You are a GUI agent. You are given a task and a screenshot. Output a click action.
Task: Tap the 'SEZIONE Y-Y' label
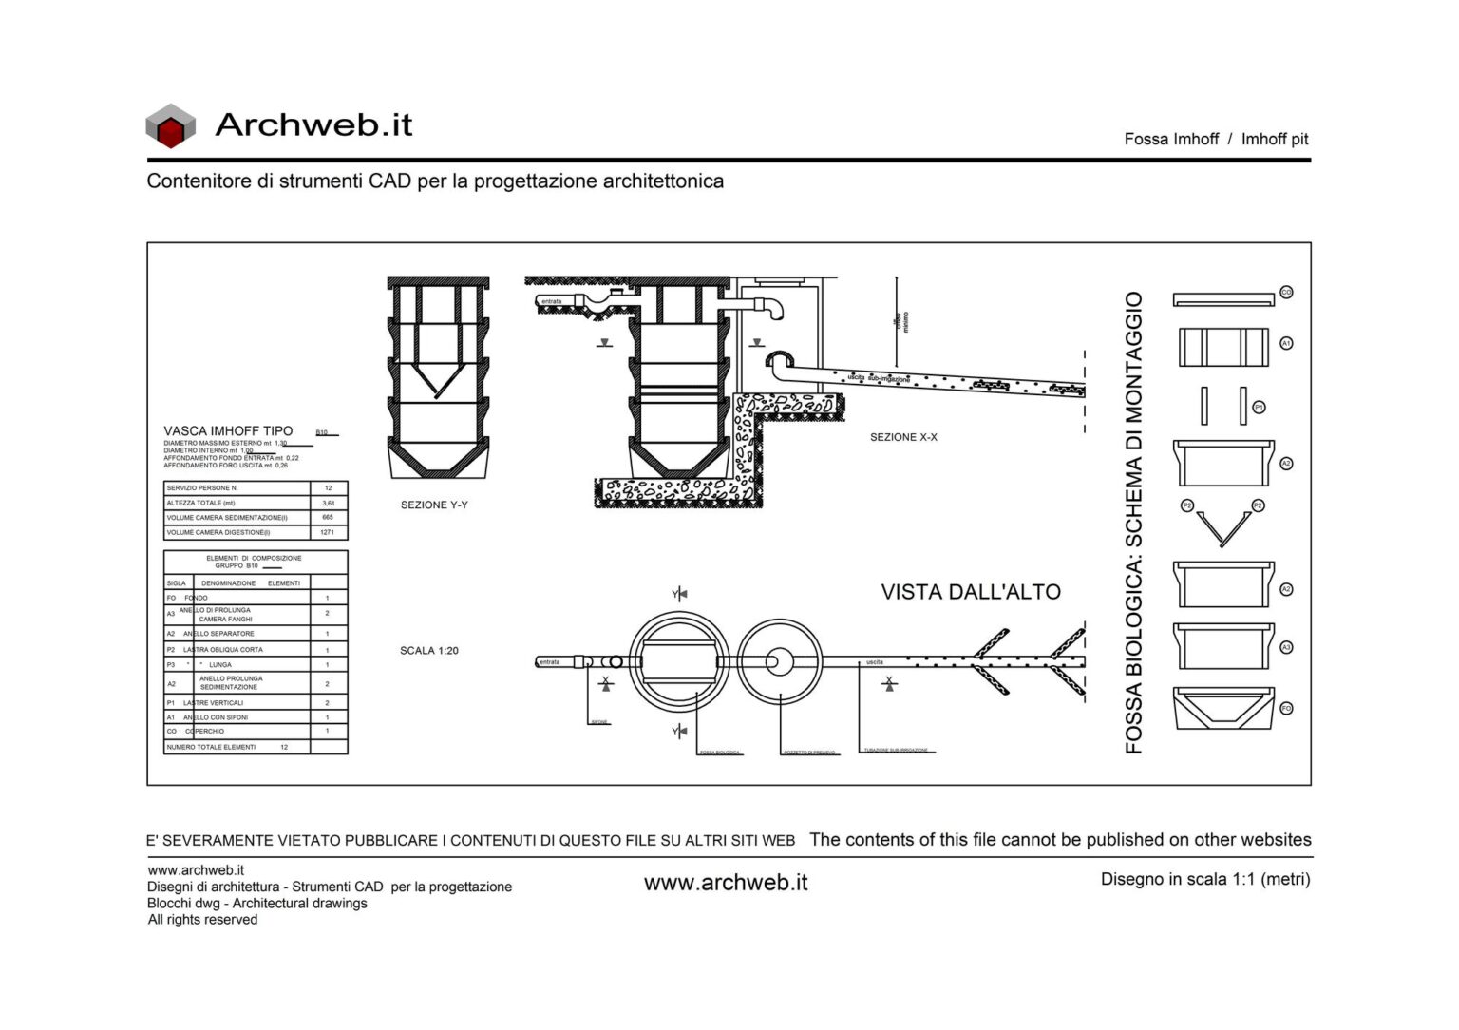click(x=434, y=505)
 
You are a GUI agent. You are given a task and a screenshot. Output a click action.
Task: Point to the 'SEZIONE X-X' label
click(x=903, y=437)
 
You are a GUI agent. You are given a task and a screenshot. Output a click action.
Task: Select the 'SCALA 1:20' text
click(x=429, y=651)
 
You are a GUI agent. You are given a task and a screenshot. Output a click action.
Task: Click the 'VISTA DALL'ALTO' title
click(x=970, y=592)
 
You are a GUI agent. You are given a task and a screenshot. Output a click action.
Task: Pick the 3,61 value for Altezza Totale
click(x=329, y=503)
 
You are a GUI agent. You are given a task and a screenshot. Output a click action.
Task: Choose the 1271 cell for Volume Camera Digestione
click(x=328, y=532)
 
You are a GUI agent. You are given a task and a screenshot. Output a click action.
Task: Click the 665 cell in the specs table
click(x=328, y=518)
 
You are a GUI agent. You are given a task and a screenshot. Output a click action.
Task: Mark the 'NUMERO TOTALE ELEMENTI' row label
click(x=211, y=747)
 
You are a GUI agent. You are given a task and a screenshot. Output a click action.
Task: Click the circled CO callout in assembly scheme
click(x=1286, y=293)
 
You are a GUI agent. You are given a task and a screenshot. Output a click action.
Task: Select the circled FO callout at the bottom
click(x=1286, y=709)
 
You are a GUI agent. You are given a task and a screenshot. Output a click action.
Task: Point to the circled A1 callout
click(x=1286, y=343)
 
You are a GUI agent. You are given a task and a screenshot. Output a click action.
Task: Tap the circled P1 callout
click(x=1259, y=407)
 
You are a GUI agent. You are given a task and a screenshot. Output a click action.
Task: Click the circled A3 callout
click(x=1286, y=647)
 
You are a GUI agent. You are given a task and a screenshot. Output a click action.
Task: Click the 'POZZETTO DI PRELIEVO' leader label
click(x=809, y=753)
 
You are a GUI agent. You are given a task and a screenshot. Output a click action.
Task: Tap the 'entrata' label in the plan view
click(x=550, y=661)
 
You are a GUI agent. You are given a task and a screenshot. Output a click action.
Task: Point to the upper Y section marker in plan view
click(x=679, y=594)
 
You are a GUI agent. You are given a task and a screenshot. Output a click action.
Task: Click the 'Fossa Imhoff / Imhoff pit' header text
click(x=1215, y=139)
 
